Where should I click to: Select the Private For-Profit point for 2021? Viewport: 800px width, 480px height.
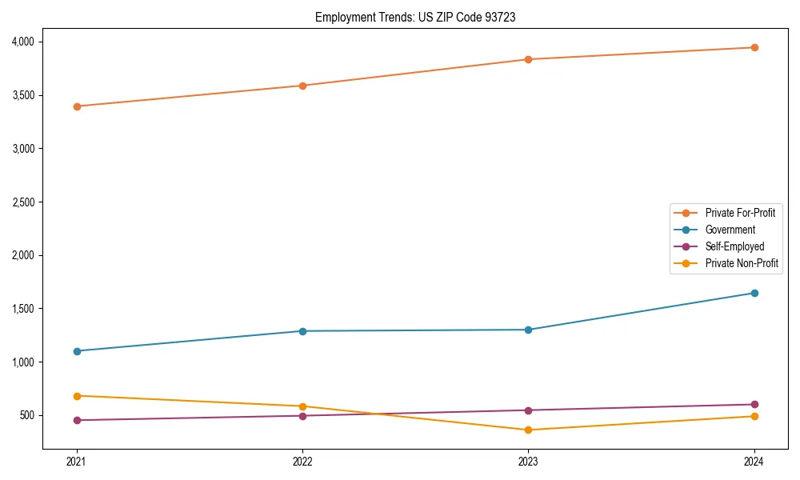pyautogui.click(x=77, y=106)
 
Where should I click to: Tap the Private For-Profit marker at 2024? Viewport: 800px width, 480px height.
pyautogui.click(x=754, y=48)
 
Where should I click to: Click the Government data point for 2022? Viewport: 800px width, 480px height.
pyautogui.click(x=302, y=331)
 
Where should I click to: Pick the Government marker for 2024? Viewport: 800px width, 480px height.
pyautogui.click(x=754, y=293)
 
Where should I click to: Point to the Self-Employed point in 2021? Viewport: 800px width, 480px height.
pyautogui.click(x=77, y=420)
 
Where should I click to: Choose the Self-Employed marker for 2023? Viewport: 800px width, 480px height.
pyautogui.click(x=528, y=410)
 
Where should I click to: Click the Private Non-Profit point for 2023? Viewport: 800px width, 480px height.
pyautogui.click(x=528, y=430)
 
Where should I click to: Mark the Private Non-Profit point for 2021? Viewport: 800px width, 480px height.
pyautogui.click(x=77, y=396)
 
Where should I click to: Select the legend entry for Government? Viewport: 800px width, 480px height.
pyautogui.click(x=730, y=230)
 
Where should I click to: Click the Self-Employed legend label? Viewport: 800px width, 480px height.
pyautogui.click(x=734, y=246)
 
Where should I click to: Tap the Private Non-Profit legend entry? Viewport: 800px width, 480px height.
pyautogui.click(x=742, y=263)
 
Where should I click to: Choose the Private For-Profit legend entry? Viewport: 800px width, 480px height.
pyautogui.click(x=740, y=213)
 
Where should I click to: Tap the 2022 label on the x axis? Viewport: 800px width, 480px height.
pyautogui.click(x=302, y=462)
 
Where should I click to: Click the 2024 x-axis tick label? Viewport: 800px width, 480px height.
pyautogui.click(x=754, y=462)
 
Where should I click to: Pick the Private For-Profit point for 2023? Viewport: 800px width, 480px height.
pyautogui.click(x=528, y=59)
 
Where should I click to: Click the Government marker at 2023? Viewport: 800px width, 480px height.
pyautogui.click(x=528, y=330)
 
